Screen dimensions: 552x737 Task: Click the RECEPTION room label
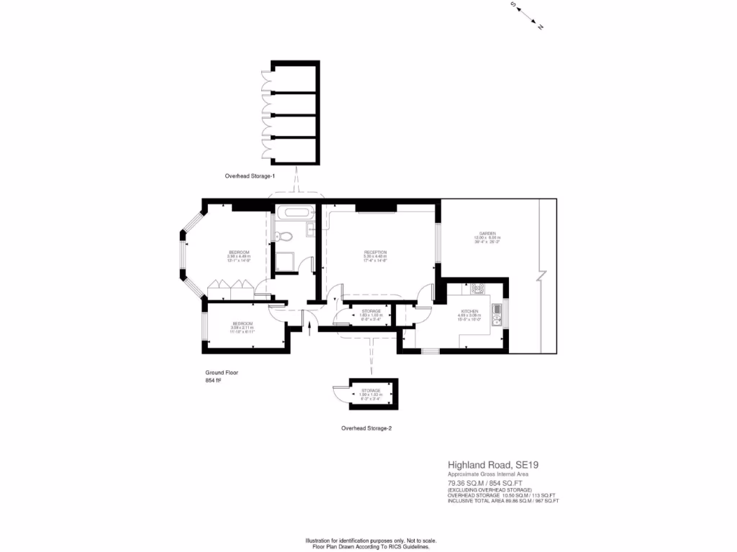point(375,252)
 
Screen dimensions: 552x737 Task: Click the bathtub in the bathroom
point(295,213)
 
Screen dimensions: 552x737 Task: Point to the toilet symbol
point(286,236)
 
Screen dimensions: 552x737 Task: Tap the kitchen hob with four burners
point(478,289)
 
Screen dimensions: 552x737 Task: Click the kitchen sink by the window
point(497,315)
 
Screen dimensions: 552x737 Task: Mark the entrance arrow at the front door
point(309,328)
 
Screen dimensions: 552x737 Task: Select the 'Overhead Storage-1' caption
point(250,176)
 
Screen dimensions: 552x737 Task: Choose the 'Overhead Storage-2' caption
point(366,428)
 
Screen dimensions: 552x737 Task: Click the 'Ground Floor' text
point(222,373)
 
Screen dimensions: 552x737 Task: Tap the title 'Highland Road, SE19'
point(493,465)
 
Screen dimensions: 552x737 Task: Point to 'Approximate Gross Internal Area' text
point(488,474)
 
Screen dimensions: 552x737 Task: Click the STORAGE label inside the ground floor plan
point(371,310)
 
